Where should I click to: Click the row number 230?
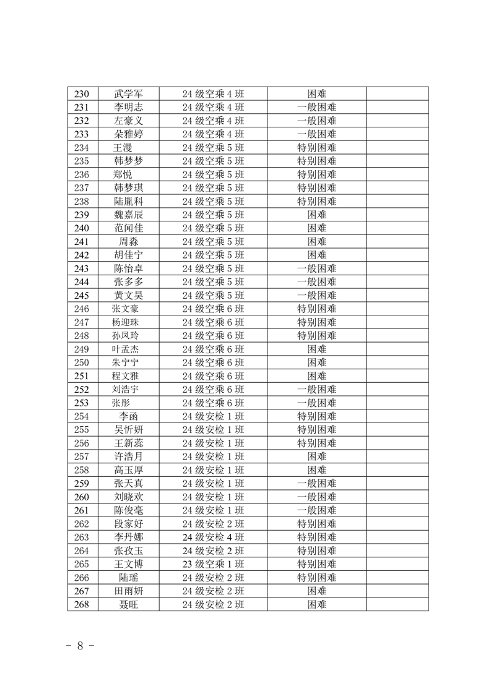(82, 94)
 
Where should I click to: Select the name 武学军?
(128, 94)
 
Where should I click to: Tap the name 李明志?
(128, 108)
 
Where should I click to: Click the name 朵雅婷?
(128, 134)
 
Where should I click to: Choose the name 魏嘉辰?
(128, 215)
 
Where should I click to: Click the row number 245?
(82, 295)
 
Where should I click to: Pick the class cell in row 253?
(213, 403)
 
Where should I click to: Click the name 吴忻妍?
(128, 430)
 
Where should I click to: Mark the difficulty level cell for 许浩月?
(317, 456)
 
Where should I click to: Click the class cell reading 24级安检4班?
(213, 537)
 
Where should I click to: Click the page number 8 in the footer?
(80, 646)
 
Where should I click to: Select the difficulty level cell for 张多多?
(317, 282)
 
